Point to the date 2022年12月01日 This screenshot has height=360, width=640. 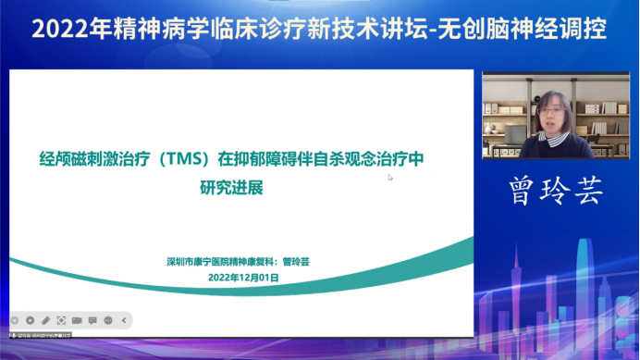[243, 277]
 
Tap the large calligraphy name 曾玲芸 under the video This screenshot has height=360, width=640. [557, 191]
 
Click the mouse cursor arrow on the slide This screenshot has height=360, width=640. [390, 177]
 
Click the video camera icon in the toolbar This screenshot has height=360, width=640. [77, 320]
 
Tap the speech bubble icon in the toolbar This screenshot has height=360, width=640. [92, 320]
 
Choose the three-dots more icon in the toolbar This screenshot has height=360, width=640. [108, 320]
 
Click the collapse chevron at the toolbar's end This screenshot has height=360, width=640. [123, 320]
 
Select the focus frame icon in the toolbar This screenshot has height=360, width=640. [61, 320]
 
